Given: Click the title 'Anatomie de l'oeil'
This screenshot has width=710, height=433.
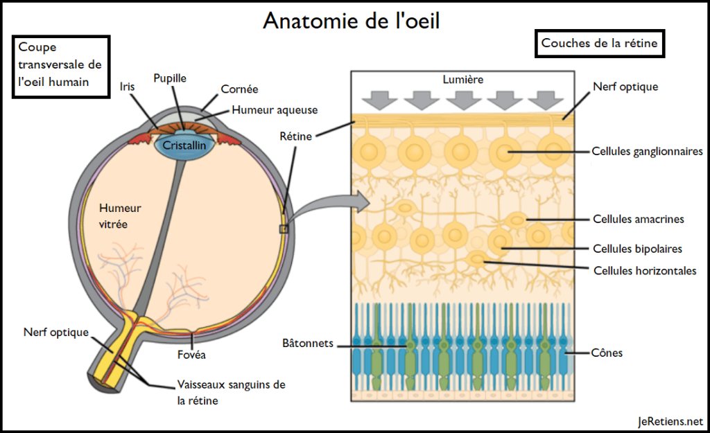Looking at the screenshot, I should [351, 21].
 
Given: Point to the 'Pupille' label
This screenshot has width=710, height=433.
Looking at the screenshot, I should [170, 79].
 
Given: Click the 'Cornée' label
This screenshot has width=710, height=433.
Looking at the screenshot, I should [239, 89].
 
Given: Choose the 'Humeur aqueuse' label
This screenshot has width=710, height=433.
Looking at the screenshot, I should [275, 109].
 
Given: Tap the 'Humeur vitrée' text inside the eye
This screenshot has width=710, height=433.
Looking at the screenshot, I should [120, 215].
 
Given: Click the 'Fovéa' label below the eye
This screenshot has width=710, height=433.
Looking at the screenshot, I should [191, 355].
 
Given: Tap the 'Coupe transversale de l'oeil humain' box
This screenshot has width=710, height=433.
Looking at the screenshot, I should [60, 66].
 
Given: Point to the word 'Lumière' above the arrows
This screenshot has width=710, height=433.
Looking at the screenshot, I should [462, 80].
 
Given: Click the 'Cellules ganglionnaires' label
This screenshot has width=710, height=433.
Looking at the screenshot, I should [648, 151].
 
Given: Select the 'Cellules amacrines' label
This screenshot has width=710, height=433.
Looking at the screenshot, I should [638, 219].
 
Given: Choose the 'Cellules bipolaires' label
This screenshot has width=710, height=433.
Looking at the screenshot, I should [637, 249].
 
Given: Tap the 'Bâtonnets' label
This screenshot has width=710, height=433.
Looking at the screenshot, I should [308, 343].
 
